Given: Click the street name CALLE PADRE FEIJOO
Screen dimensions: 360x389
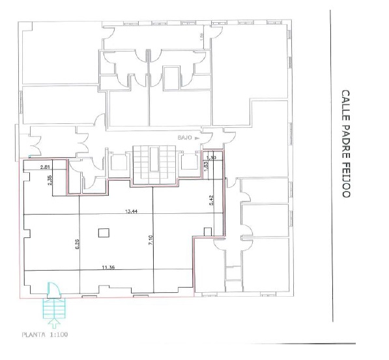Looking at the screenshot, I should coord(346,145).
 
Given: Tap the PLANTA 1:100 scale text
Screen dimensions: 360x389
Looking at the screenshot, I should coord(46,336).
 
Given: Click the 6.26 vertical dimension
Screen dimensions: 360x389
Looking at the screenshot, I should coord(77,245).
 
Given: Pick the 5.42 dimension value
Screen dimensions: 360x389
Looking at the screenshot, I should coord(210,201).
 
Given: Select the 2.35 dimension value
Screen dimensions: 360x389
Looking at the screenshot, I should coord(50,182).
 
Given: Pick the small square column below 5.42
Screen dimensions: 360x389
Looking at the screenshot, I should coord(207,231).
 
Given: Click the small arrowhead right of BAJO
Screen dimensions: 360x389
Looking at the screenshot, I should coord(202,138).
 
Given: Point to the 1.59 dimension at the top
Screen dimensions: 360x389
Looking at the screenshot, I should coord(201,36).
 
